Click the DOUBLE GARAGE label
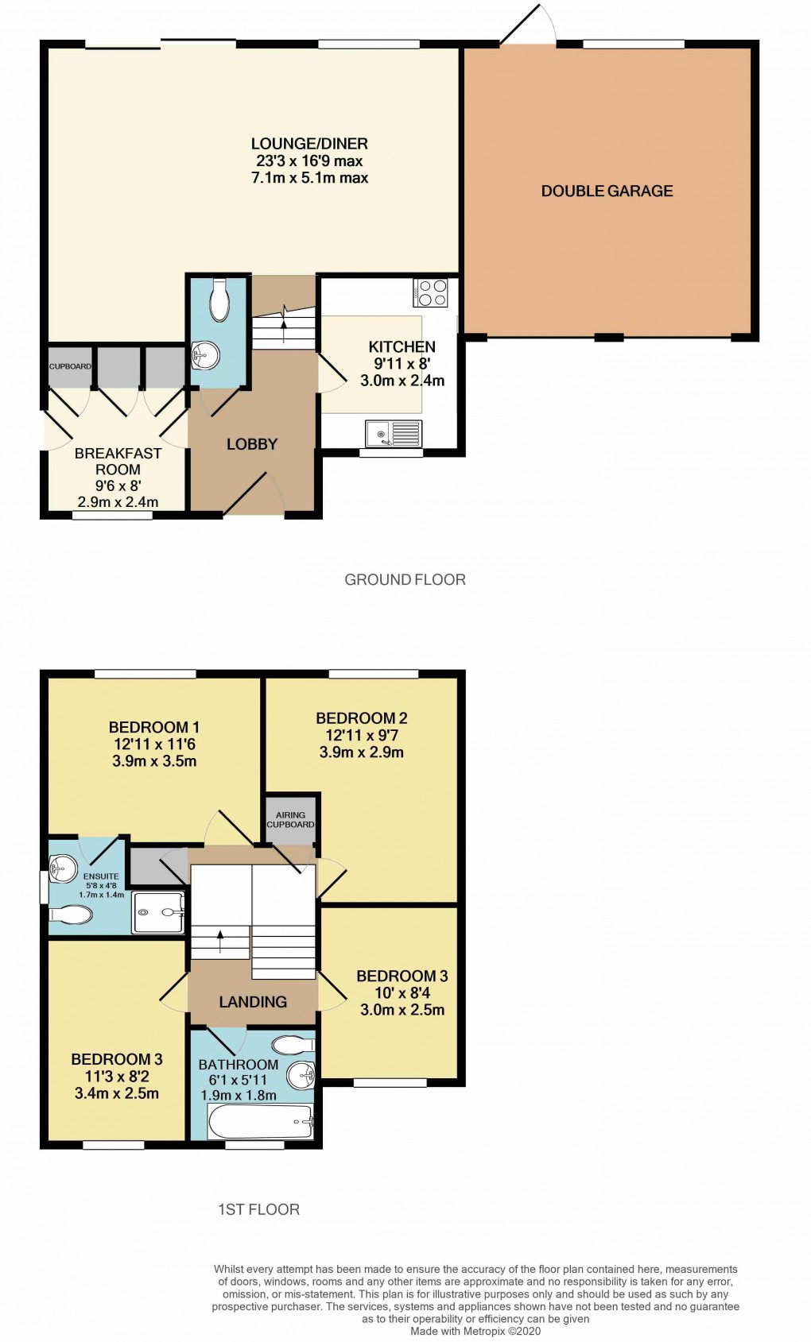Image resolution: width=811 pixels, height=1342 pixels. click(607, 191)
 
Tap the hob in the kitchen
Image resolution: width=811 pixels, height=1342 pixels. click(430, 292)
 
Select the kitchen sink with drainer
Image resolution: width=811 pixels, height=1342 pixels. click(393, 434)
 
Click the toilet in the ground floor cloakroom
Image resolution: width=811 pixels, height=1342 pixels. click(219, 300)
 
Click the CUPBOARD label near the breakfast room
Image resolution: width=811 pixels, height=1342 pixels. click(70, 366)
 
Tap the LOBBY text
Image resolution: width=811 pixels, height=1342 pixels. click(252, 444)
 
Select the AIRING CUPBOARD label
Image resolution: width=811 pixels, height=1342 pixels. click(290, 819)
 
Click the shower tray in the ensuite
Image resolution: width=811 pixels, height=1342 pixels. click(158, 912)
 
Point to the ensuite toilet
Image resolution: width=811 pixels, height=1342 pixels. click(72, 915)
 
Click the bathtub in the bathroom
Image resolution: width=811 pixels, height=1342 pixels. click(259, 1121)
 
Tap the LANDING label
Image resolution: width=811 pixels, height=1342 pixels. click(253, 1002)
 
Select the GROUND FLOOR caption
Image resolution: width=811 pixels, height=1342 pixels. click(405, 579)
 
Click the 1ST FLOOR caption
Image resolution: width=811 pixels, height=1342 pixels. click(258, 1209)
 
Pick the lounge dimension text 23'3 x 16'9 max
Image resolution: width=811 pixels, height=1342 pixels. click(309, 160)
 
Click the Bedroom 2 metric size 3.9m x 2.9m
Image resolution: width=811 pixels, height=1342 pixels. click(361, 752)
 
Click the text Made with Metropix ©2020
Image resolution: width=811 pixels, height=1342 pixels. click(475, 1331)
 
